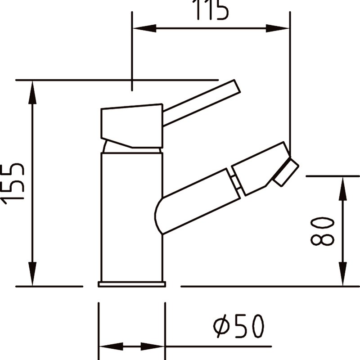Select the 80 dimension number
322,231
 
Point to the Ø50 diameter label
239,326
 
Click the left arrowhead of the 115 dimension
144,28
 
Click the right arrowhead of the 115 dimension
278,28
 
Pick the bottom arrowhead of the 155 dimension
32,274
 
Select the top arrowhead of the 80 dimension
342,189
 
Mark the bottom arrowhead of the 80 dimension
342,274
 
